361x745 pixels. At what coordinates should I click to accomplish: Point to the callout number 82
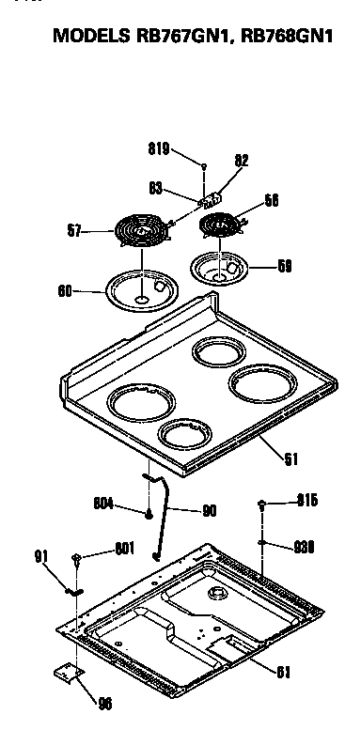click(x=242, y=161)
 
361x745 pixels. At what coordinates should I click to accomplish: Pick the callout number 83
click(x=156, y=188)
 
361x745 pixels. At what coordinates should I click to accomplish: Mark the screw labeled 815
click(x=262, y=505)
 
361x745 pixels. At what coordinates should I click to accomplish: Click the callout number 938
click(x=304, y=545)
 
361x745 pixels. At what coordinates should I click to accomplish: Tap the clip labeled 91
click(x=71, y=591)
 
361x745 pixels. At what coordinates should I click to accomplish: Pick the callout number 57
click(x=75, y=227)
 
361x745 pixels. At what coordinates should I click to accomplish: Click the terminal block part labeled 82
click(x=213, y=197)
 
